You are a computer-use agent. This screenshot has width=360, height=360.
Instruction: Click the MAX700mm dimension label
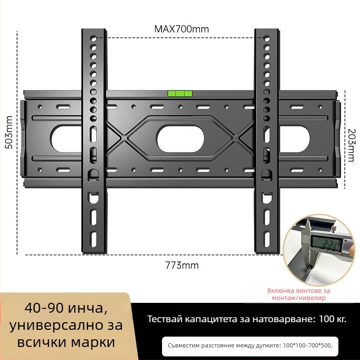[x=181, y=29]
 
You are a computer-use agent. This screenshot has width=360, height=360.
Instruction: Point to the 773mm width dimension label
[x=182, y=265]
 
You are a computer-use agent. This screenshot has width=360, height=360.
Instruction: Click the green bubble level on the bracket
[x=180, y=94]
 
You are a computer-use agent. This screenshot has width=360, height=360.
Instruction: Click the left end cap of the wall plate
[x=23, y=139]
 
